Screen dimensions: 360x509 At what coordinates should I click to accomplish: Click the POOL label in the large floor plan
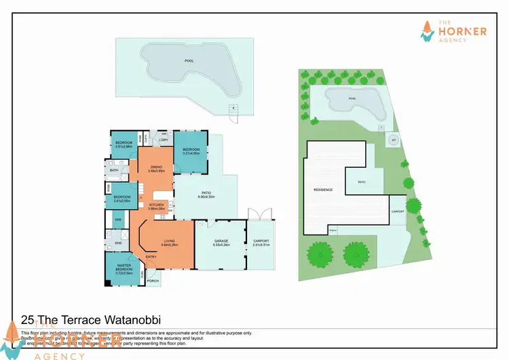(x=189, y=60)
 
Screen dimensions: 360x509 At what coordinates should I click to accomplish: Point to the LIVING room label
(x=169, y=242)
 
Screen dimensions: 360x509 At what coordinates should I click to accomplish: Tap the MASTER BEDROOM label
(x=123, y=268)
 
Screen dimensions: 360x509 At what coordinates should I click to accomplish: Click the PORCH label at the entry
(x=153, y=281)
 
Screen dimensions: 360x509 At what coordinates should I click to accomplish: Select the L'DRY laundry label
(x=164, y=140)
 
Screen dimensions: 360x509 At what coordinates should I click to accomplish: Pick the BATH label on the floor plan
(x=114, y=170)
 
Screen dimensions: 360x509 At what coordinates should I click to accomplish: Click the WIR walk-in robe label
(x=117, y=219)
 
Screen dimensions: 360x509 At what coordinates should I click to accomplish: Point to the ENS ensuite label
(x=117, y=242)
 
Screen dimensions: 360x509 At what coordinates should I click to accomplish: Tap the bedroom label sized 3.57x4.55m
(x=190, y=151)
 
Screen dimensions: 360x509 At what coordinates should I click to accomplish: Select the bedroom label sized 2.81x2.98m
(x=123, y=145)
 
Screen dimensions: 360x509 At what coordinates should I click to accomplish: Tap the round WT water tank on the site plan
(x=393, y=141)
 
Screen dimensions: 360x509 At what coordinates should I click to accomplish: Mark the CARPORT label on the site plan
(x=398, y=211)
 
